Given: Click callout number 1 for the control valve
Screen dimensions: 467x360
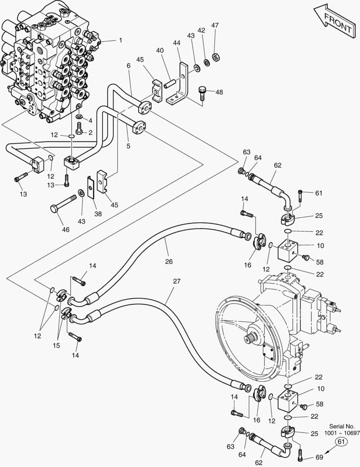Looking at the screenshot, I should (x=121, y=40).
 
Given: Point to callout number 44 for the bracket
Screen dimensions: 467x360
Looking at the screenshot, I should (x=176, y=43).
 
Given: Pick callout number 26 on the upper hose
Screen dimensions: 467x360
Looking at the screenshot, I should (x=169, y=261).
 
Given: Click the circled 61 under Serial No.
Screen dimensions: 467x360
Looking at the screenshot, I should (x=341, y=441).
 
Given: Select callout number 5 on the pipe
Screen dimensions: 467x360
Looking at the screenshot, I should (x=128, y=146).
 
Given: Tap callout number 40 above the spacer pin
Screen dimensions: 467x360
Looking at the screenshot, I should (x=160, y=51).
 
